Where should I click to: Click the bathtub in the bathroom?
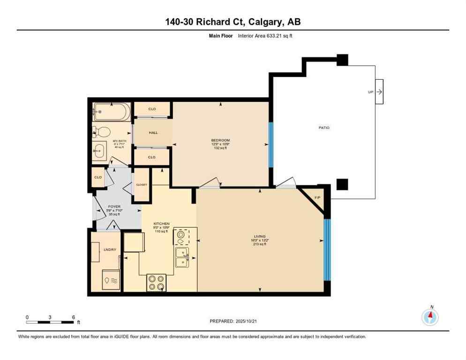(111, 112)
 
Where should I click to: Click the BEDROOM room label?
(220, 141)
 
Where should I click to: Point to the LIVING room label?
(259, 236)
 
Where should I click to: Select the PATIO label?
(322, 127)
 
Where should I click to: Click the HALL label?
(153, 133)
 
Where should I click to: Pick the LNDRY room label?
(110, 249)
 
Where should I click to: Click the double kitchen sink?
(182, 257)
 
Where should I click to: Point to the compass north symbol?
(429, 317)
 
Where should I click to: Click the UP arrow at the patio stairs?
(379, 92)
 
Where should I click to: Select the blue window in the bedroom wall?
(270, 145)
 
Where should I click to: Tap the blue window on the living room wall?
(327, 249)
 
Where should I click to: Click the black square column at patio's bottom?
(342, 184)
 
